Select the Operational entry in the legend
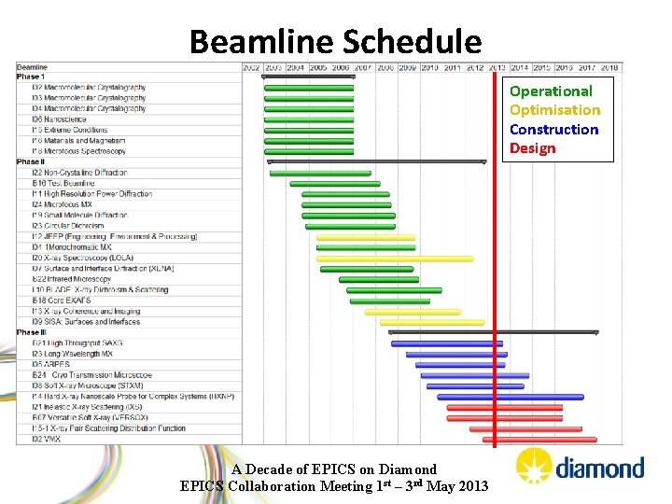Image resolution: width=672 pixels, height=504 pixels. tap(551, 91)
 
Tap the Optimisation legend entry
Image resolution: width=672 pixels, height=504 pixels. tap(554, 110)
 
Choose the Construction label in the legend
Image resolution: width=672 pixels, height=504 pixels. tap(553, 130)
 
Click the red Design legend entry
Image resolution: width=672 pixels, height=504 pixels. tap(532, 148)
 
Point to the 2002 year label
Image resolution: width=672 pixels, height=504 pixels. tap(251, 67)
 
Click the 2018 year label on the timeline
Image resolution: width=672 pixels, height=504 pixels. tap(609, 67)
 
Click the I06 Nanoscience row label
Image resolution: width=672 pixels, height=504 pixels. tap(59, 119)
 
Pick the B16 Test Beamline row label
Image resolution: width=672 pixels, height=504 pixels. tap(63, 183)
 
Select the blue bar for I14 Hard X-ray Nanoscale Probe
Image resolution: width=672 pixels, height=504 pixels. tap(505, 397)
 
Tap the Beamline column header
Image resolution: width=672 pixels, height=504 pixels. tap(33, 67)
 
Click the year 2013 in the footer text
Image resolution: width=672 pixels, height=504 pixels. tap(471, 485)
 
